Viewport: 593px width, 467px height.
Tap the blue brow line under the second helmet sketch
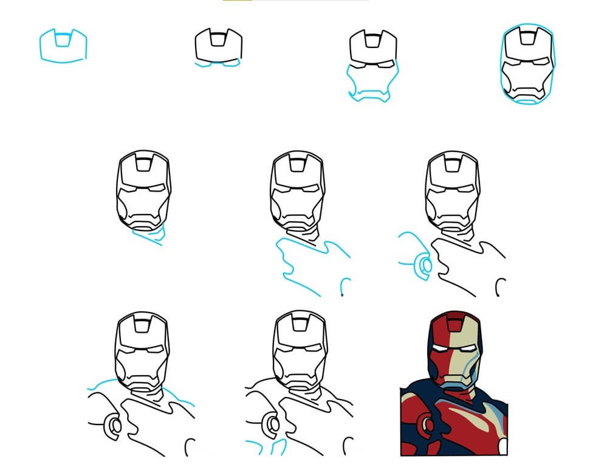click(x=217, y=63)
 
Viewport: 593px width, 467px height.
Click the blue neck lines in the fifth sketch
click(x=150, y=235)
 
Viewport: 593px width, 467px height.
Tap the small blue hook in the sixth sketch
click(x=346, y=285)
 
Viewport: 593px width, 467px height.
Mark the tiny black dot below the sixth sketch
click(x=342, y=296)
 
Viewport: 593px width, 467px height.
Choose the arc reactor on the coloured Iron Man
click(x=428, y=425)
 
